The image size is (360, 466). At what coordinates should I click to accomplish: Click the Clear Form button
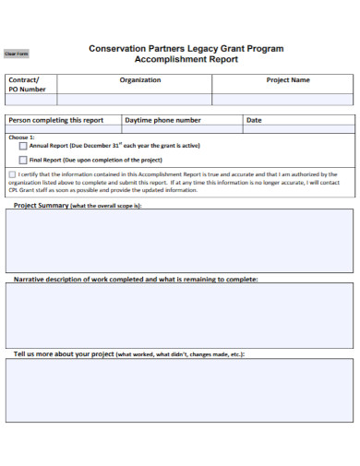[x=17, y=54]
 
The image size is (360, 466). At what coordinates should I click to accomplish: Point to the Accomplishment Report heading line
[x=186, y=59]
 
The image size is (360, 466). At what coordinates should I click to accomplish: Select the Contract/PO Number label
[x=27, y=85]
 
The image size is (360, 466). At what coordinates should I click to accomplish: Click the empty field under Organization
[x=134, y=99]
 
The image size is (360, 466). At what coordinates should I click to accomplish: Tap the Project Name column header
[x=288, y=80]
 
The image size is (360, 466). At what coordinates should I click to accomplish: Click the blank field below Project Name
[x=282, y=99]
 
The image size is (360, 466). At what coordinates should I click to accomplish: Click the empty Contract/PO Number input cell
[x=30, y=99]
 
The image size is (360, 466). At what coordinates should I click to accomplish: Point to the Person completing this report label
[x=55, y=120]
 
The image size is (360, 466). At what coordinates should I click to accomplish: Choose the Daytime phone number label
[x=162, y=120]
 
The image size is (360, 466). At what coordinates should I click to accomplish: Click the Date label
[x=254, y=120]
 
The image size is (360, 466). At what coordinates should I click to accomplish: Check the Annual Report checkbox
[x=23, y=146]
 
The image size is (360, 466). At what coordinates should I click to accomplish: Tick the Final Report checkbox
[x=23, y=160]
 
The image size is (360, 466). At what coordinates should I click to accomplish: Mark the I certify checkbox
[x=12, y=173]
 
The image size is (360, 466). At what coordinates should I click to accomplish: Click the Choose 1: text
[x=19, y=136]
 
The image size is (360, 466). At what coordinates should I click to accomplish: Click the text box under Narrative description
[x=180, y=314]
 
